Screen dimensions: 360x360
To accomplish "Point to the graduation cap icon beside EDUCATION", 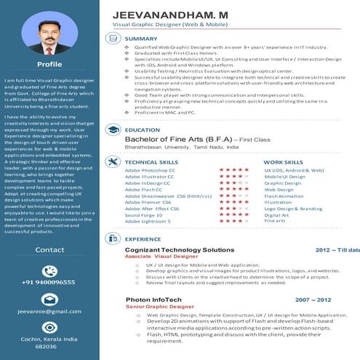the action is (113, 129).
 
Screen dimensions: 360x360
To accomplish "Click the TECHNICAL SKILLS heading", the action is (151, 162).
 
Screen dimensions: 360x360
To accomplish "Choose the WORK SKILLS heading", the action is (283, 162).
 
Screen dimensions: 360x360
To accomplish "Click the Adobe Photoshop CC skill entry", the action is (150, 169).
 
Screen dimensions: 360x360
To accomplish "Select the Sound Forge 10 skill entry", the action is (144, 215).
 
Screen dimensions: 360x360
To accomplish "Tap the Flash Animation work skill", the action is (284, 196).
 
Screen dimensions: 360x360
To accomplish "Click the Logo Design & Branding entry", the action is (292, 209).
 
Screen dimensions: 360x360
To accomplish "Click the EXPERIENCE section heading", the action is (143, 239).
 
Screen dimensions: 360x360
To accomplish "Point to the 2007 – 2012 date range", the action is (313, 299).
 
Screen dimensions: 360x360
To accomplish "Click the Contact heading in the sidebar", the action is (49, 249).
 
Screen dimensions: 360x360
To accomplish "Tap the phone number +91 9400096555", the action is (49, 281).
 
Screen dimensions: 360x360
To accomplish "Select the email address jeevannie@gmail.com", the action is (49, 311).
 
